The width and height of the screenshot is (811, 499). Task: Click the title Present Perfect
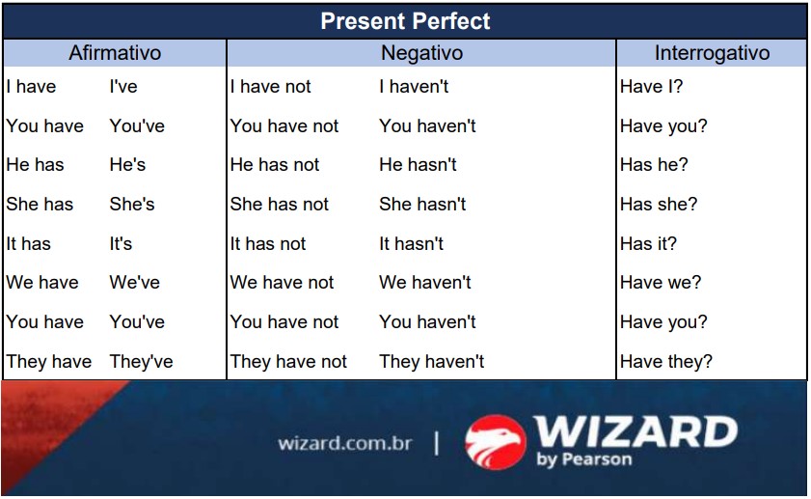point(405,20)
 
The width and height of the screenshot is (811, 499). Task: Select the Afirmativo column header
point(115,53)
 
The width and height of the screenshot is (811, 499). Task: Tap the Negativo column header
point(421,53)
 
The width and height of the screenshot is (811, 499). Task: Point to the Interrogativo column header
point(712,53)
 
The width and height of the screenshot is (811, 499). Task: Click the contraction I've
point(123,87)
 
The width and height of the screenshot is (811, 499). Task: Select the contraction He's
point(127,165)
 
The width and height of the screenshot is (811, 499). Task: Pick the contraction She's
point(132,205)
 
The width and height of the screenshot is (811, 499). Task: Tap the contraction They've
point(141,362)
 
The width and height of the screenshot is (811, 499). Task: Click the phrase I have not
point(270,87)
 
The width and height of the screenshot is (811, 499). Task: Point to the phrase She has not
point(279,205)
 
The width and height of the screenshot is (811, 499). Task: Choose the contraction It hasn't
point(411,244)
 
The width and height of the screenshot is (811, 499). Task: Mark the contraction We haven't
point(424,283)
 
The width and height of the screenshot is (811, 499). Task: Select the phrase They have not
point(288,362)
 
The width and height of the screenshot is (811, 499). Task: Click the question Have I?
point(651,87)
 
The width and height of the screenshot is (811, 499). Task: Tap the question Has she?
point(658,205)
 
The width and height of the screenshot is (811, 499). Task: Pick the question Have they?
point(665,362)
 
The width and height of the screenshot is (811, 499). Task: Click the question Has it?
point(648,244)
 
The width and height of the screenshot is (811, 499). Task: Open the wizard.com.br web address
point(344,444)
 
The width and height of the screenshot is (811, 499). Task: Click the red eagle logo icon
point(495,442)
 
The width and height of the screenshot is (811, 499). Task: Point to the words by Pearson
point(583,459)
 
